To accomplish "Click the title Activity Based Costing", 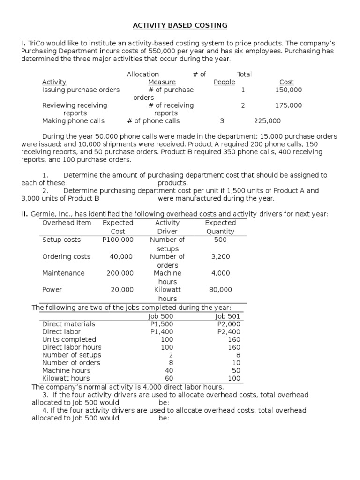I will point(180,25).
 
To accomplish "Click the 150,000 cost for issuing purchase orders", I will point(289,90).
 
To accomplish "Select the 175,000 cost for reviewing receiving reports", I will point(289,105).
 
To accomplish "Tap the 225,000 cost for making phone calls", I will point(267,121).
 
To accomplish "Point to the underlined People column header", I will point(224,82).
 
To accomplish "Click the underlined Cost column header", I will point(286,82).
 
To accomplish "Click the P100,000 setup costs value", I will point(118,240).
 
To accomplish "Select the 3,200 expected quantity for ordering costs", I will point(220,256).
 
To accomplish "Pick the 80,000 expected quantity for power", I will point(220,290).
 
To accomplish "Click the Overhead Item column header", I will point(67,223).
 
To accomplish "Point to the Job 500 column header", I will point(160,316).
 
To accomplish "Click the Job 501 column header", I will point(227,316).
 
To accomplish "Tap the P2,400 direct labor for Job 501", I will point(229,331).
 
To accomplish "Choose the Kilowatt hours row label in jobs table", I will point(66,378).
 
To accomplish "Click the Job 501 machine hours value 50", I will point(236,370).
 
